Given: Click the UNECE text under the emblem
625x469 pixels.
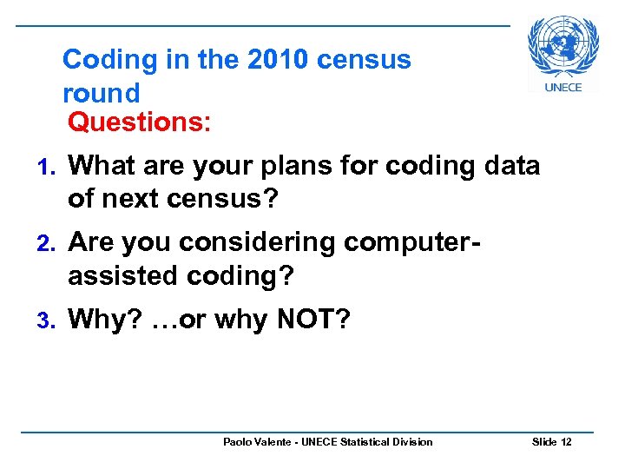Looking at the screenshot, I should pos(563,87).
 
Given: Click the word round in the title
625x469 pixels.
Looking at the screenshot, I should pos(101,92).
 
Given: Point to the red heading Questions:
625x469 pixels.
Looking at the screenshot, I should pos(139,122).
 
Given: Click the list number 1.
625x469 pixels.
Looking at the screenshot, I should pos(49,166).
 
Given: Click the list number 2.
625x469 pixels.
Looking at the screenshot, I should pos(49,243).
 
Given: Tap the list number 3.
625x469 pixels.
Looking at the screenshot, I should pos(49,320).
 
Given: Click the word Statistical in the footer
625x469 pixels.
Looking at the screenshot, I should pos(362,442).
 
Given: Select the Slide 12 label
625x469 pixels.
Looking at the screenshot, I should pos(552,442).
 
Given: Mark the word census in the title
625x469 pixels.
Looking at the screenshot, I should pos(365,60).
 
